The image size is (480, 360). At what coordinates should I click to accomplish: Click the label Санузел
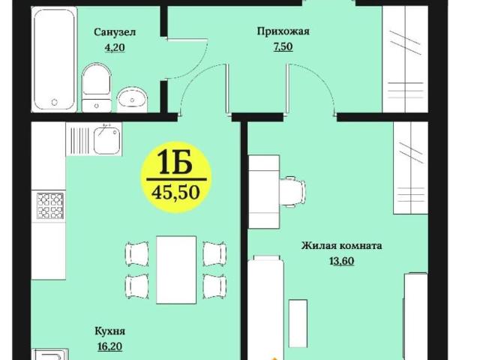[x=115, y=31]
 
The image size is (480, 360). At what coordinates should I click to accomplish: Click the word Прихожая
[x=283, y=31]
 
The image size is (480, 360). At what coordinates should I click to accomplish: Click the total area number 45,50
[x=175, y=192]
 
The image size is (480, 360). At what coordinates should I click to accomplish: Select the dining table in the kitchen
[x=176, y=268]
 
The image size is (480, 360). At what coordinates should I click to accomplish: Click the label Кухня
[x=109, y=331]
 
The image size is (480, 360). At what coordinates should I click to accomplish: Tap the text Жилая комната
[x=342, y=245]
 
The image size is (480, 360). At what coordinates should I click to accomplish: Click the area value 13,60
[x=342, y=260]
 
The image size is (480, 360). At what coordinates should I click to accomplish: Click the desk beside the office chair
[x=263, y=191]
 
